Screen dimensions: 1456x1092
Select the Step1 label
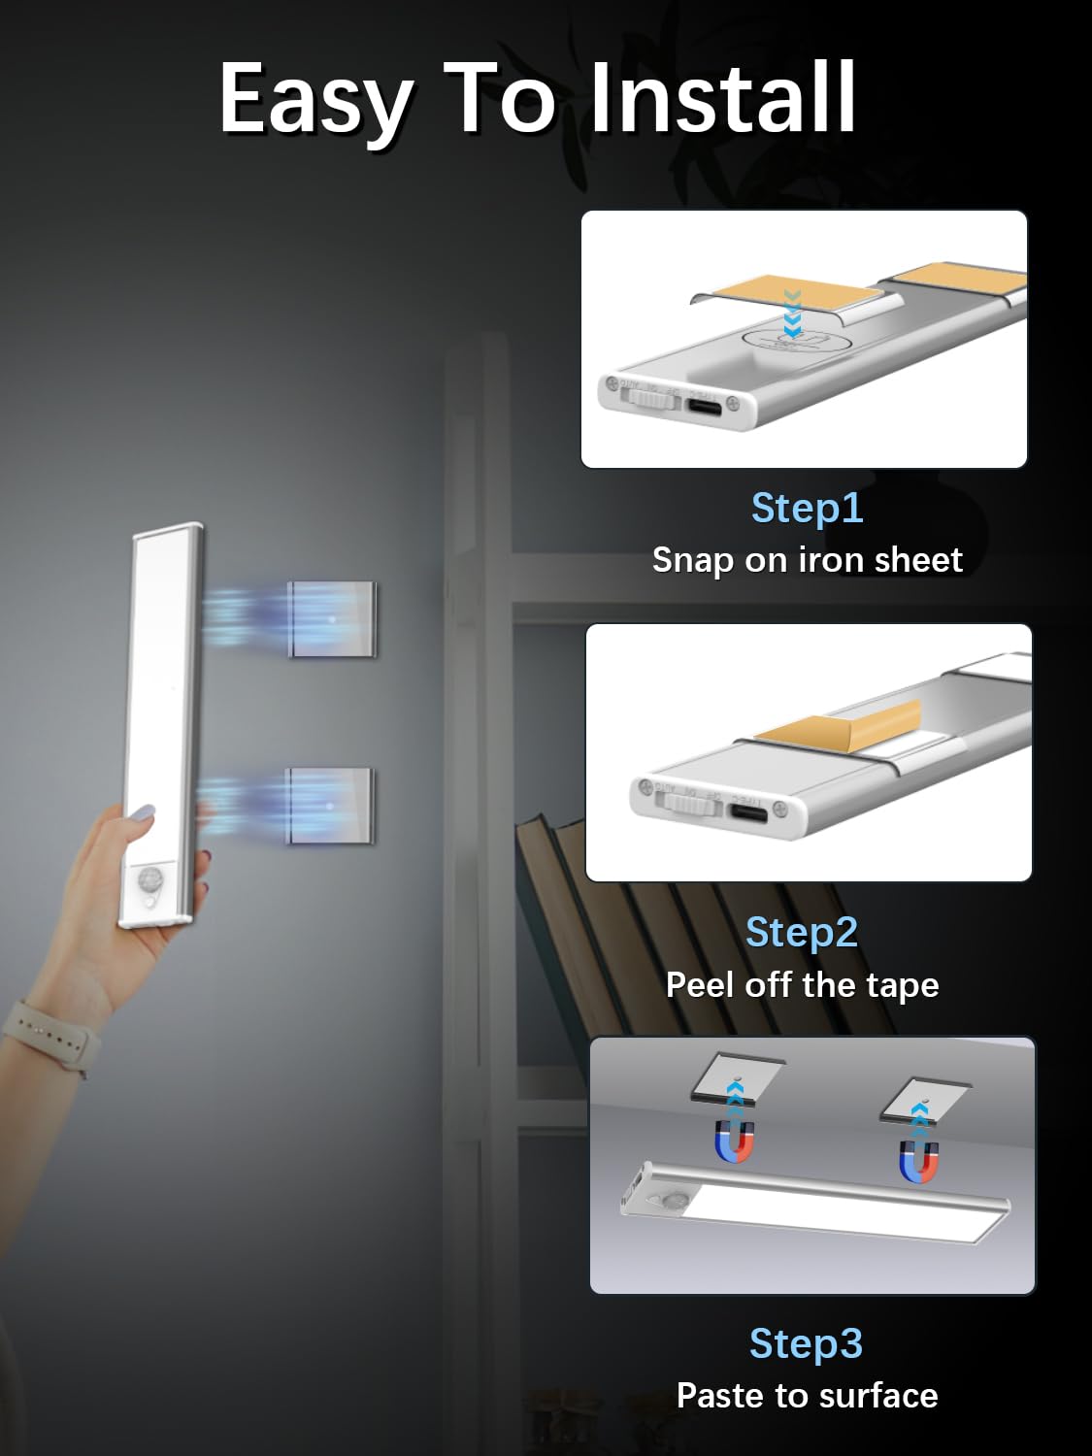[807, 508]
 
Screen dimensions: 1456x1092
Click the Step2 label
[802, 932]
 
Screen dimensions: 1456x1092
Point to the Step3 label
[806, 1343]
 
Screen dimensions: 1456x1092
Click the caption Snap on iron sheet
[807, 560]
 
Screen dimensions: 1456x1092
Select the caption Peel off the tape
[802, 984]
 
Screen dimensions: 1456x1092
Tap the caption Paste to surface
[807, 1396]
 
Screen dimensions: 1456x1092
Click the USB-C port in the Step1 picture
[705, 406]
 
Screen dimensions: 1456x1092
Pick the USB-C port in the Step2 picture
[748, 812]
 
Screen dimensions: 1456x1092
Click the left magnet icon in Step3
[735, 1141]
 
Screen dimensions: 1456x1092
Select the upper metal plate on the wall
[332, 618]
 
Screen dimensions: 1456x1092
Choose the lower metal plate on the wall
[330, 805]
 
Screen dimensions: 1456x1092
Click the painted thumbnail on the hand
[142, 813]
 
